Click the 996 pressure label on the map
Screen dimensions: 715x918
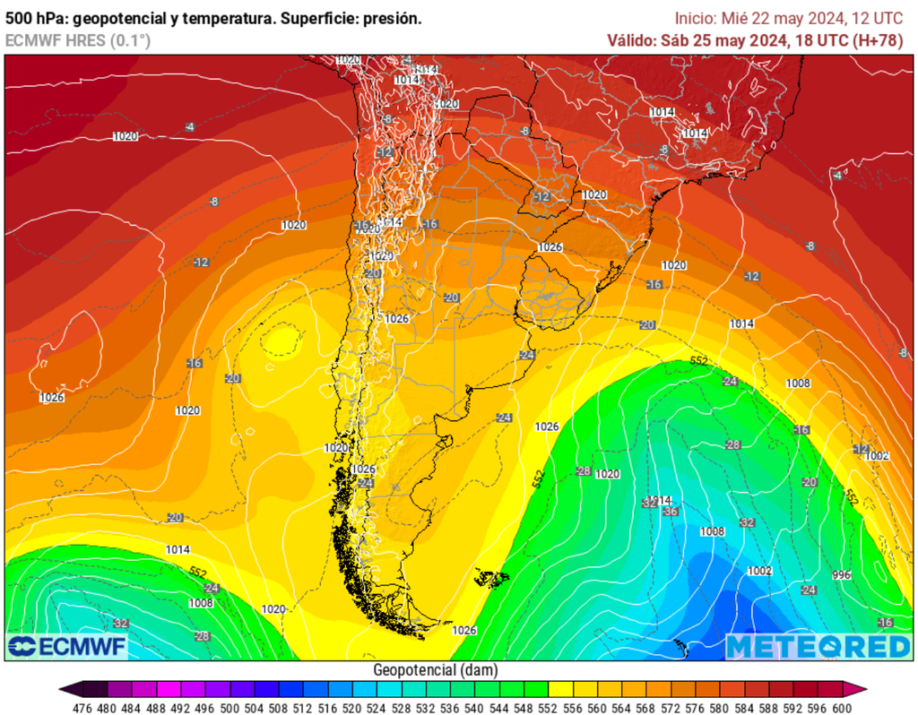click(x=841, y=575)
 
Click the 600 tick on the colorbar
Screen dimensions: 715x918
click(x=841, y=706)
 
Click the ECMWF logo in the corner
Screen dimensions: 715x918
click(x=67, y=646)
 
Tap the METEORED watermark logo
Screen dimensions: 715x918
click(x=818, y=647)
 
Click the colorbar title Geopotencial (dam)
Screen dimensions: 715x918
click(x=435, y=670)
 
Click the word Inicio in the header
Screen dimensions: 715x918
click(x=696, y=18)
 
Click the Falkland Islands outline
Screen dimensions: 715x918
click(x=489, y=577)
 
